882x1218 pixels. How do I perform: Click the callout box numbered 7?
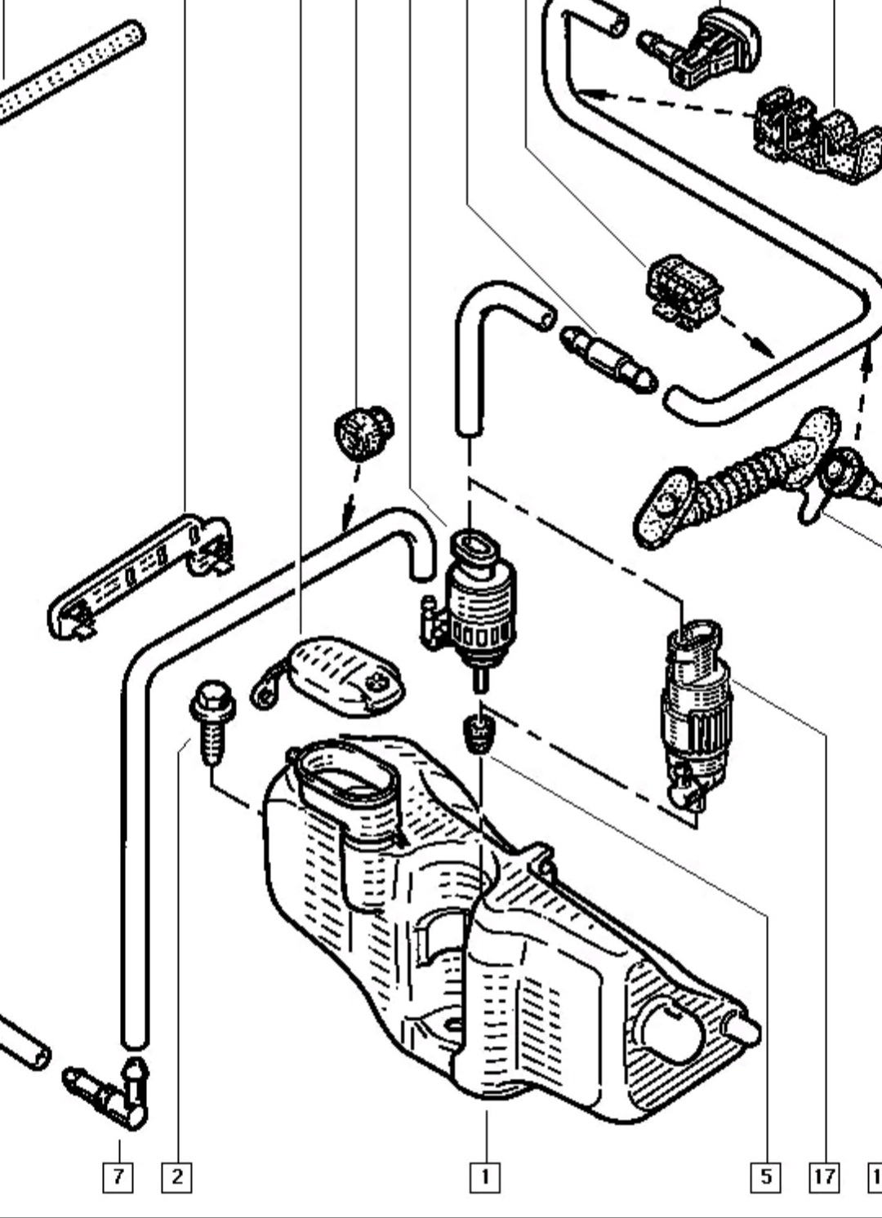click(x=118, y=1176)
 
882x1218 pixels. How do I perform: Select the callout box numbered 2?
click(x=176, y=1176)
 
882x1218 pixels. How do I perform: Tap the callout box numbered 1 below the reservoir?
click(x=485, y=1176)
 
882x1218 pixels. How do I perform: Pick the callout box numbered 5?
click(x=765, y=1176)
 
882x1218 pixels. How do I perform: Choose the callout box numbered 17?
click(x=824, y=1176)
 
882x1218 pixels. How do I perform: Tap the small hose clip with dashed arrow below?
click(x=684, y=289)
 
